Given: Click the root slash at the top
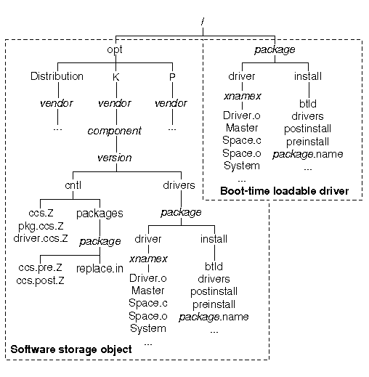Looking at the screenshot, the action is tap(203, 22).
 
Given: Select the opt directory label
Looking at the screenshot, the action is tap(115, 49).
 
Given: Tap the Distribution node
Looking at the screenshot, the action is tap(57, 76).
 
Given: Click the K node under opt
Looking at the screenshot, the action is tap(116, 77).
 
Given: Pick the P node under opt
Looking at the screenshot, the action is tap(172, 77).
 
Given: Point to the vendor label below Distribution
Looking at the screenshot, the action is tap(57, 103).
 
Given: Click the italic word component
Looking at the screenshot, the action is tap(115, 131).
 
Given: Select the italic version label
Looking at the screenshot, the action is tap(115, 158).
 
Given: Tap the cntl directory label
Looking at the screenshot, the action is tap(73, 185).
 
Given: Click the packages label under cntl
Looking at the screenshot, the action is tap(100, 214).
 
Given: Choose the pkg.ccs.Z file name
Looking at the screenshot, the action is tap(41, 226).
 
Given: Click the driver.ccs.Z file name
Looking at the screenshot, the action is tap(41, 238).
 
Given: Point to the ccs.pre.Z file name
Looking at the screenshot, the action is tap(40, 268).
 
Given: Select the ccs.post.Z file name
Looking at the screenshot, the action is tap(40, 280).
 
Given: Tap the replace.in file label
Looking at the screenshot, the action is tap(100, 269).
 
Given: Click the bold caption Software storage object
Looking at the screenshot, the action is tap(71, 349).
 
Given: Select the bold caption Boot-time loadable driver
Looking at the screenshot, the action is tap(285, 191).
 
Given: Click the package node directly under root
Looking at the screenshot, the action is tap(275, 49).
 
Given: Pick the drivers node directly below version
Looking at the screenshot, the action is tap(179, 185).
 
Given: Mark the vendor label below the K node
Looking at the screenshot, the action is tap(115, 103).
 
